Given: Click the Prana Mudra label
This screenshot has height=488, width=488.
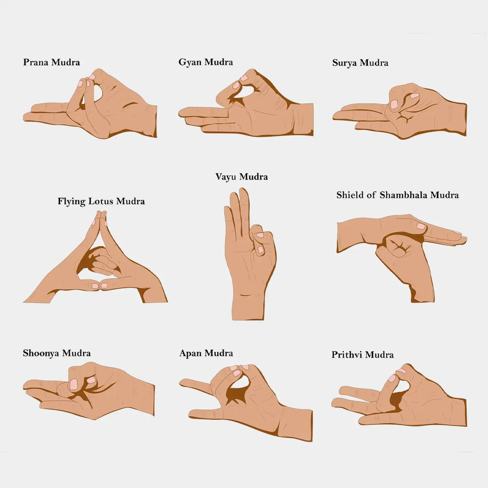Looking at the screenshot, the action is (51, 62).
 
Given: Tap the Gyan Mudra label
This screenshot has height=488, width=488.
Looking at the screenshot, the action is (205, 62).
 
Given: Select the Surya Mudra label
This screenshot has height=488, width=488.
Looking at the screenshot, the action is (360, 63).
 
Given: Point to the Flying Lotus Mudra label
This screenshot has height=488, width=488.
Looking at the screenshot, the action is (101, 202).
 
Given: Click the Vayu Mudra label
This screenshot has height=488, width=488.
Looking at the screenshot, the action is (242, 177).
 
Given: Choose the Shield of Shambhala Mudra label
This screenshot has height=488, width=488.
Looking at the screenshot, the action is (398, 195).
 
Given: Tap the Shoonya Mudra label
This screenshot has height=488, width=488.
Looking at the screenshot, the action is (57, 353).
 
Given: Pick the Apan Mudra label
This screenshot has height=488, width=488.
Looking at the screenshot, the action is (206, 353).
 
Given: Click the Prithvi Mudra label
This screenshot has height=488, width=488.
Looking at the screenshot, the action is (363, 355).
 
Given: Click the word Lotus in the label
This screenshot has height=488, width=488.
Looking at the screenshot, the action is (101, 201).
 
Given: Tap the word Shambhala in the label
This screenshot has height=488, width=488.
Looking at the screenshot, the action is (404, 195).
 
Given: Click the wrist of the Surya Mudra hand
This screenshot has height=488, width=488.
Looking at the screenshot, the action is (457, 119).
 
